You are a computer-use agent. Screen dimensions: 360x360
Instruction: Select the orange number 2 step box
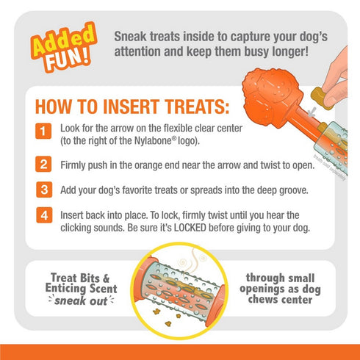click(44, 164)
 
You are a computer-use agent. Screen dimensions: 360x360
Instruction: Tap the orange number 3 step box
click(44, 190)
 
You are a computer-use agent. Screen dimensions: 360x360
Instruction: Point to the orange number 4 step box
click(44, 215)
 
